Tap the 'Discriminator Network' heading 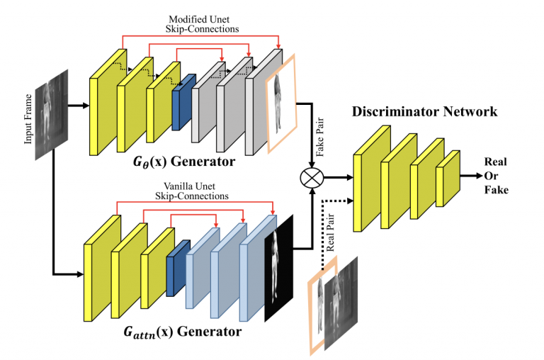pos(424,111)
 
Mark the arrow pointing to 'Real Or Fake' pos(470,174)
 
